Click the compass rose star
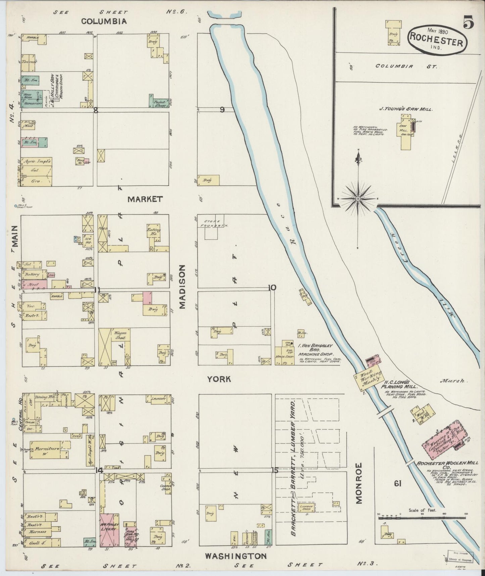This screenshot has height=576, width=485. pos(358,199)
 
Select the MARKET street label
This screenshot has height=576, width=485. pos(145,199)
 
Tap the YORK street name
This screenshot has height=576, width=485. pos(219,379)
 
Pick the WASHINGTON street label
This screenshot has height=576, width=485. pos(236,556)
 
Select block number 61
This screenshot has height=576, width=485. pos(398,484)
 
